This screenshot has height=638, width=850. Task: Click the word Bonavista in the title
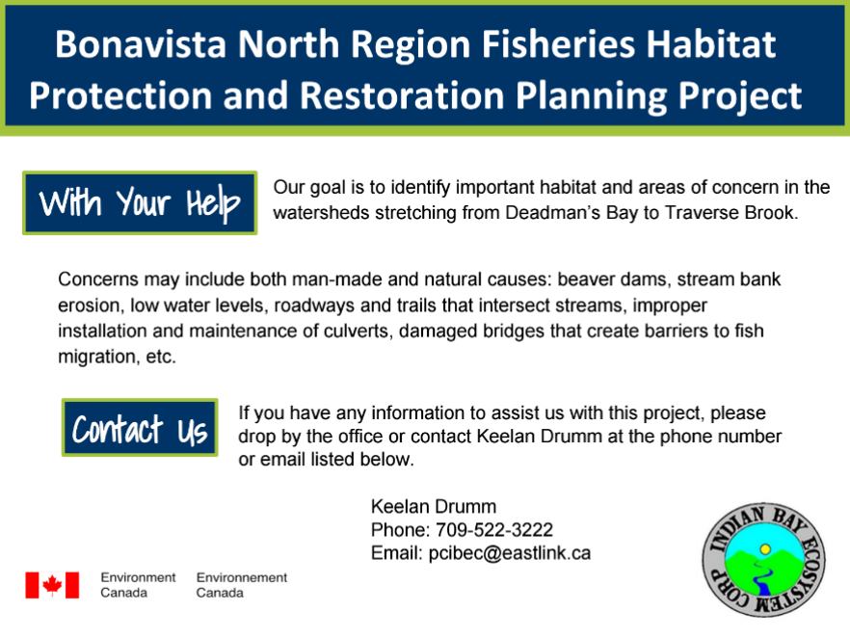coord(141,43)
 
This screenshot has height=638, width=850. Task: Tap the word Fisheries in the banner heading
coord(558,43)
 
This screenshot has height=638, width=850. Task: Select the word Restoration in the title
coord(402,95)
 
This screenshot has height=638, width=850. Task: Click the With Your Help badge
coord(140,202)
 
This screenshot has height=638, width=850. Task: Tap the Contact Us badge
coord(140,428)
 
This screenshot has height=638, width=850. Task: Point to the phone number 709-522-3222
coord(494,530)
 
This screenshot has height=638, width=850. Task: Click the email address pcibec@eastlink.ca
coord(510,553)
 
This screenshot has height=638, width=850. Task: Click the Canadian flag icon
coord(52,585)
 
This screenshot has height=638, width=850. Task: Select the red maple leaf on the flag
coord(52,585)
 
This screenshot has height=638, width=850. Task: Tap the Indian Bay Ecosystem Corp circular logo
coord(764,559)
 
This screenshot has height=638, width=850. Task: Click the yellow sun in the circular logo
coord(765,549)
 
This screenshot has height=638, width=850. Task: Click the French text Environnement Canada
coord(242,585)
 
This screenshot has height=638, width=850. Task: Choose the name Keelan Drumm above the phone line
coord(434,506)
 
